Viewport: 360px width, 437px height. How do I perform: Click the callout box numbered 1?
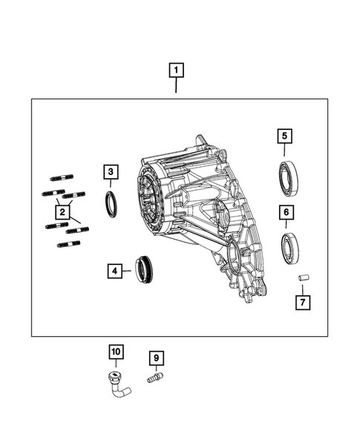pyautogui.click(x=176, y=71)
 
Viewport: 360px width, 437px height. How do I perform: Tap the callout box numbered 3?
pyautogui.click(x=110, y=174)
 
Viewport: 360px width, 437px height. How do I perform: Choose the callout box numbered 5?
pyautogui.click(x=285, y=136)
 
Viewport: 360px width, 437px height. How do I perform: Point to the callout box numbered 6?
pyautogui.click(x=285, y=212)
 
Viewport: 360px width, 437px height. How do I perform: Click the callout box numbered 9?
pyautogui.click(x=156, y=359)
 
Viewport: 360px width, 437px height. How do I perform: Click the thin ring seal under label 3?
pyautogui.click(x=110, y=204)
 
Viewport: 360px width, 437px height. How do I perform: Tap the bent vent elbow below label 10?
pyautogui.click(x=117, y=381)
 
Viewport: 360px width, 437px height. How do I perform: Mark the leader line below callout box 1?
pyautogui.click(x=176, y=86)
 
